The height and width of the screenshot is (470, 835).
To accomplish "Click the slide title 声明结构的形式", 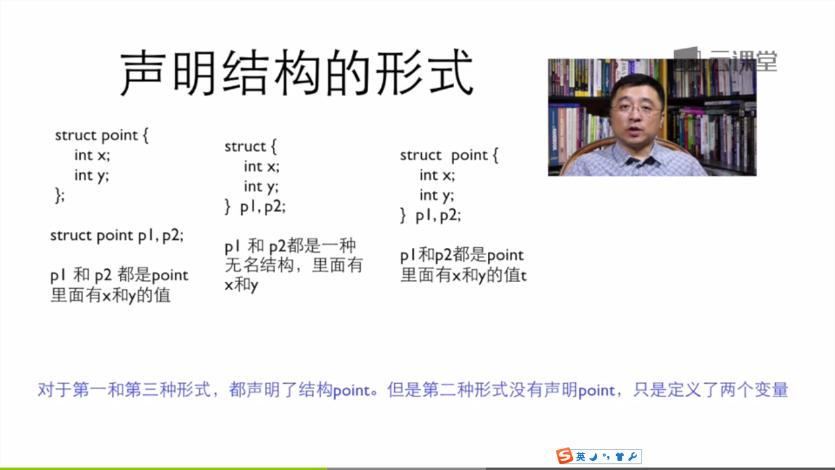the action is click(x=296, y=73).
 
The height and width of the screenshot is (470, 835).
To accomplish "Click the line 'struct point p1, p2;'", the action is click(x=117, y=236).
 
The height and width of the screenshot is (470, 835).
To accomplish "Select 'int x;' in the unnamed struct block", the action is click(x=261, y=166).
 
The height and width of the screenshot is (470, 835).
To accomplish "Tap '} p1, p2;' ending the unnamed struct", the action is click(x=256, y=206).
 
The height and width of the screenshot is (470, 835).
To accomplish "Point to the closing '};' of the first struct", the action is click(x=60, y=195).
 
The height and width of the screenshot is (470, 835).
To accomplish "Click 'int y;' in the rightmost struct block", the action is click(x=437, y=195).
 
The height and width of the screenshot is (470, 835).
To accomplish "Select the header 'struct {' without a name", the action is click(x=251, y=146).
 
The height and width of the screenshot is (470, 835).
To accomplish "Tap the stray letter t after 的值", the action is click(x=523, y=276).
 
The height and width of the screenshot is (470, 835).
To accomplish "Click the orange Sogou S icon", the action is click(x=564, y=456).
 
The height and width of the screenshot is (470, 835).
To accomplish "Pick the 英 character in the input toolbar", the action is click(x=581, y=456).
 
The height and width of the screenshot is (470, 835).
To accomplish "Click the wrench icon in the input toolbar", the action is click(x=633, y=456).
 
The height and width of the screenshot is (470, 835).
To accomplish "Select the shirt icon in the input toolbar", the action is click(x=620, y=456).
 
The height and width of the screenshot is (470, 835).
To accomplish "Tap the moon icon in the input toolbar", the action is click(x=594, y=456).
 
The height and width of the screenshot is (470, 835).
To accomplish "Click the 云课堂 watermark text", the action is click(x=743, y=61).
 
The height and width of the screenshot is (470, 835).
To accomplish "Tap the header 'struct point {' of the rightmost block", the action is click(x=449, y=155).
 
